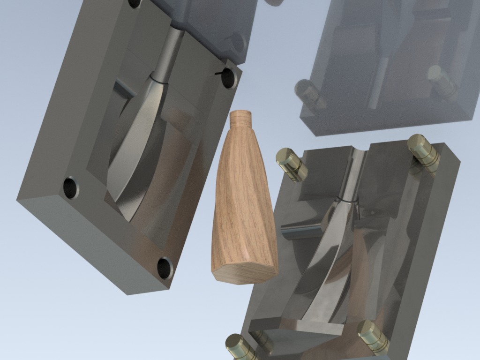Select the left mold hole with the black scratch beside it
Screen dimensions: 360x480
click(229, 78)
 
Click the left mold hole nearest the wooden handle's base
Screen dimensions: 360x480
click(165, 268)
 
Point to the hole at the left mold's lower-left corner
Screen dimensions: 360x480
click(71, 187)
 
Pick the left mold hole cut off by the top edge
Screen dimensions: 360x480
click(135, 3)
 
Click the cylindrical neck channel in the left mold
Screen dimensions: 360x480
click(169, 54)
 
